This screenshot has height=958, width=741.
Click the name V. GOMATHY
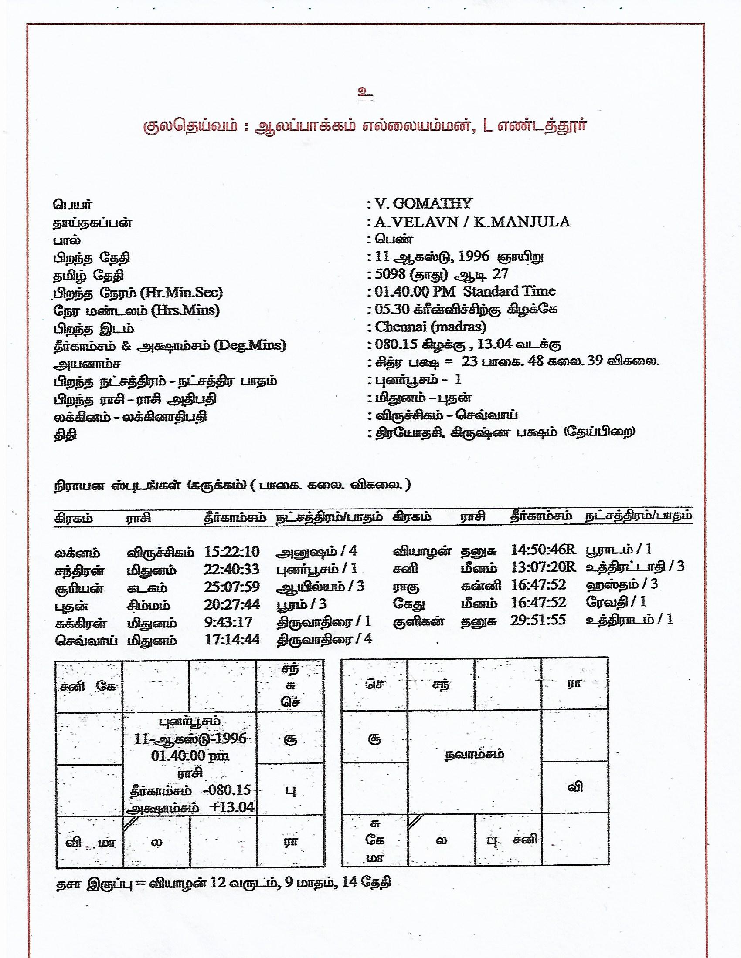[423, 203]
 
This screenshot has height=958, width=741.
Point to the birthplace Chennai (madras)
[430, 327]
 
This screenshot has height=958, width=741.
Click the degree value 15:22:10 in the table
[232, 551]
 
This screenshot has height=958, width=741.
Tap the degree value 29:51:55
[538, 620]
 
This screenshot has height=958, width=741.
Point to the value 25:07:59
[232, 587]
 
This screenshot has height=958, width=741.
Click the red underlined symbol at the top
[366, 94]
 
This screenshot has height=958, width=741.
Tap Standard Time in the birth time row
[509, 291]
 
